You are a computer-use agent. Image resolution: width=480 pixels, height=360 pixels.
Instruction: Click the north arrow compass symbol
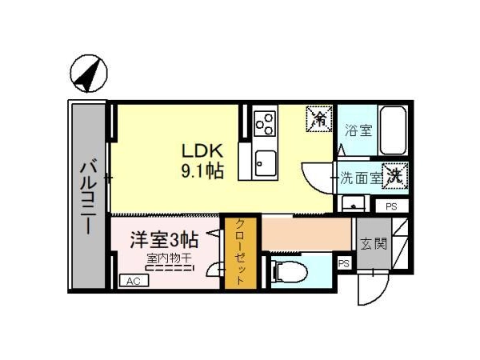click(x=89, y=74)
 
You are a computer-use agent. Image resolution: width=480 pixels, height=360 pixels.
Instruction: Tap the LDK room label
click(x=202, y=150)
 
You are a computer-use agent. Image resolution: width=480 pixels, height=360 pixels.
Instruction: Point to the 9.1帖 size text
click(x=202, y=171)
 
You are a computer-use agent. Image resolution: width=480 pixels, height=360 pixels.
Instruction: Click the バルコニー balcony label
click(x=89, y=198)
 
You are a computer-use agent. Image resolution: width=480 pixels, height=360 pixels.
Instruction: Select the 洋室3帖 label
click(x=164, y=240)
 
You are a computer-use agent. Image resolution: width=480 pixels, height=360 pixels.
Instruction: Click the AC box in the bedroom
click(x=134, y=281)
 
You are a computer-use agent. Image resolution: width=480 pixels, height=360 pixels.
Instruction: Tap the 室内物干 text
click(x=169, y=258)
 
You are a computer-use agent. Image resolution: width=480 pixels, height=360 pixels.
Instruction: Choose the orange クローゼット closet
click(x=241, y=253)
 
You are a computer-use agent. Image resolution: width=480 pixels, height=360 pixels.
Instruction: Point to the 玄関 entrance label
click(x=374, y=244)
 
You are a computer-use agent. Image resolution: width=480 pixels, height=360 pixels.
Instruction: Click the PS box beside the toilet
click(x=344, y=263)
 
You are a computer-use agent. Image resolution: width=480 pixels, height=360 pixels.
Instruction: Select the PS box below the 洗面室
click(x=391, y=206)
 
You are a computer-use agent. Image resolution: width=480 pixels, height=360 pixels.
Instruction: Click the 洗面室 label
click(x=362, y=178)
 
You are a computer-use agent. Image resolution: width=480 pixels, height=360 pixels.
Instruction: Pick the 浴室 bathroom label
click(x=358, y=130)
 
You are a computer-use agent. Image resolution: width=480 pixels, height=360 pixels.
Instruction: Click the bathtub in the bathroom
click(x=393, y=130)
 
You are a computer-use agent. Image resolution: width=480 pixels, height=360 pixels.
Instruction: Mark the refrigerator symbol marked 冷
click(x=319, y=118)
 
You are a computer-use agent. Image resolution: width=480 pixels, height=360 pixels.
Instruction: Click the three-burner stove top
click(x=265, y=124)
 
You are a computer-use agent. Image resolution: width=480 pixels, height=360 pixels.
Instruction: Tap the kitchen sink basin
click(x=266, y=163)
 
